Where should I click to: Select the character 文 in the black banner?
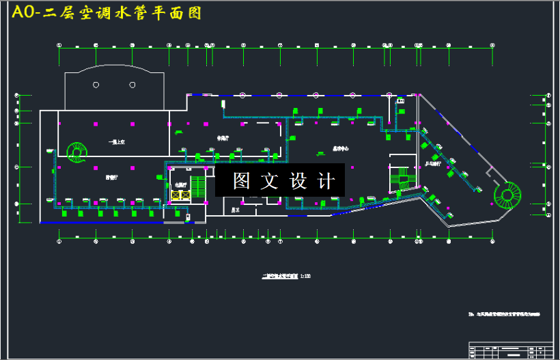pyautogui.click(x=270, y=181)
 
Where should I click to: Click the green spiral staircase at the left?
pyautogui.click(x=77, y=152)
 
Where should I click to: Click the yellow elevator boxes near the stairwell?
pyautogui.click(x=181, y=195)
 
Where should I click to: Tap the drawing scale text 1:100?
pyautogui.click(x=305, y=277)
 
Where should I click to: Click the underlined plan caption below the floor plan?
pyautogui.click(x=281, y=277)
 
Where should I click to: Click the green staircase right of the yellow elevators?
pyautogui.click(x=198, y=188)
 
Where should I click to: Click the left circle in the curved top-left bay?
pyautogui.click(x=96, y=85)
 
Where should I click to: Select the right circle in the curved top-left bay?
pyautogui.click(x=132, y=85)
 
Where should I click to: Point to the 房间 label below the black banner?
pyautogui.click(x=234, y=210)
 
